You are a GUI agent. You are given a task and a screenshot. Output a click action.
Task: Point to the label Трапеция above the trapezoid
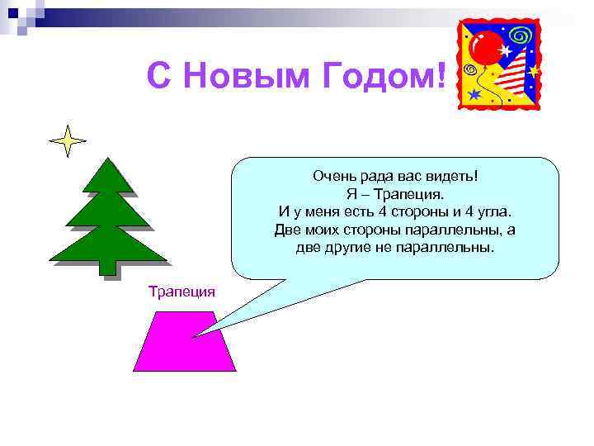(x=181, y=291)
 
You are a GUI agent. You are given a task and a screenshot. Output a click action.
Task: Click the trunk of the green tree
(x=107, y=266)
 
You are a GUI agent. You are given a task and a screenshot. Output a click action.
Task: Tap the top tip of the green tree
(x=107, y=159)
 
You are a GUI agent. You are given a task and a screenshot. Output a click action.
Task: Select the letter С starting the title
(x=159, y=77)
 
